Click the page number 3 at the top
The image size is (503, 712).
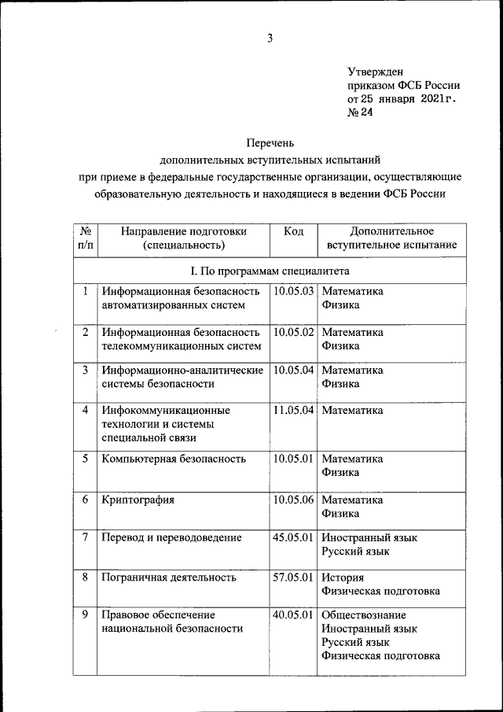[270, 39]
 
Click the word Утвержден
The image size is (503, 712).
[375, 72]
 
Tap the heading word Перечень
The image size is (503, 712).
[270, 142]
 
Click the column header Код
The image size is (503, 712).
[294, 231]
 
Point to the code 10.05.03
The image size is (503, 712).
[294, 291]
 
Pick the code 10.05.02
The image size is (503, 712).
[294, 332]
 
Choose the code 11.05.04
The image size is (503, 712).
[294, 410]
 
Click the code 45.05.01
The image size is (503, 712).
[294, 537]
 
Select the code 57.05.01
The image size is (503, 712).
[294, 577]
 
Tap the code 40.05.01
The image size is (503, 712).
[294, 614]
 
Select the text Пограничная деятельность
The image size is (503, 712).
[169, 577]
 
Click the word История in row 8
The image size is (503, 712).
[343, 577]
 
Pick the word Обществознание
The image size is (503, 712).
[364, 614]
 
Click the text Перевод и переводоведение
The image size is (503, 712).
[171, 537]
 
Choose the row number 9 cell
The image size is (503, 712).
[84, 614]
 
